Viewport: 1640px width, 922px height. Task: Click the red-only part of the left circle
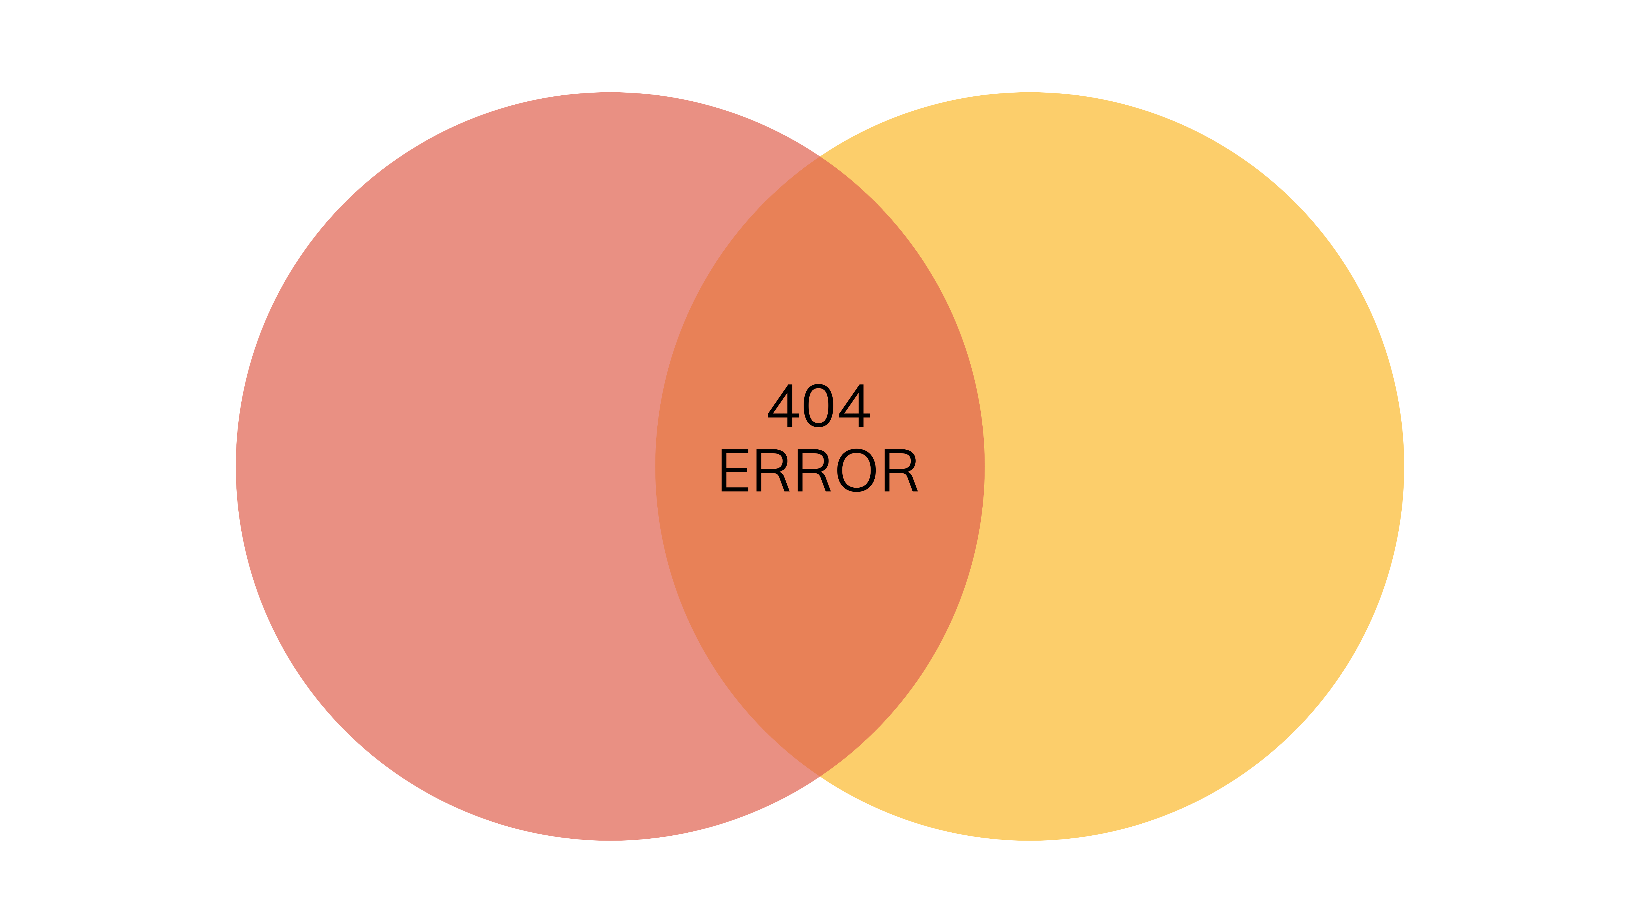tap(446, 466)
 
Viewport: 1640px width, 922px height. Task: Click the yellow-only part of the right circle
tap(1197, 466)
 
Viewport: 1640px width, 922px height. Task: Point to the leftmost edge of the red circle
tap(236, 466)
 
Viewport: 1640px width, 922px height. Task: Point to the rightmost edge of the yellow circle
tap(1404, 466)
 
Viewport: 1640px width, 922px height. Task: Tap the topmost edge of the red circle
tap(610, 93)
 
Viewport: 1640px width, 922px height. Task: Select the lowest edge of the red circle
tap(610, 840)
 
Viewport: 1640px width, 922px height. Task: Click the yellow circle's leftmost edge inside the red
tap(656, 466)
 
